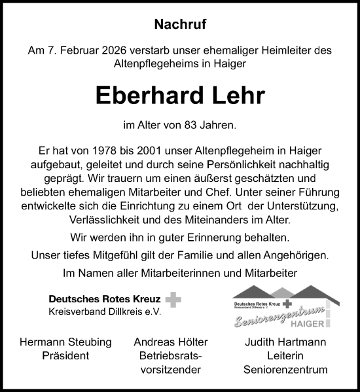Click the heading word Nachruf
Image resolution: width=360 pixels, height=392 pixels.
click(180, 26)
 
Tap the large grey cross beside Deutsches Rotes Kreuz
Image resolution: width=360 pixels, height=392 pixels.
click(173, 300)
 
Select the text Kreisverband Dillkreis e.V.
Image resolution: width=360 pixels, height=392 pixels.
click(104, 312)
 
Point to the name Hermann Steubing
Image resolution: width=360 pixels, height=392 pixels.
click(65, 342)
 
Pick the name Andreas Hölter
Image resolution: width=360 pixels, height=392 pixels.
click(169, 342)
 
